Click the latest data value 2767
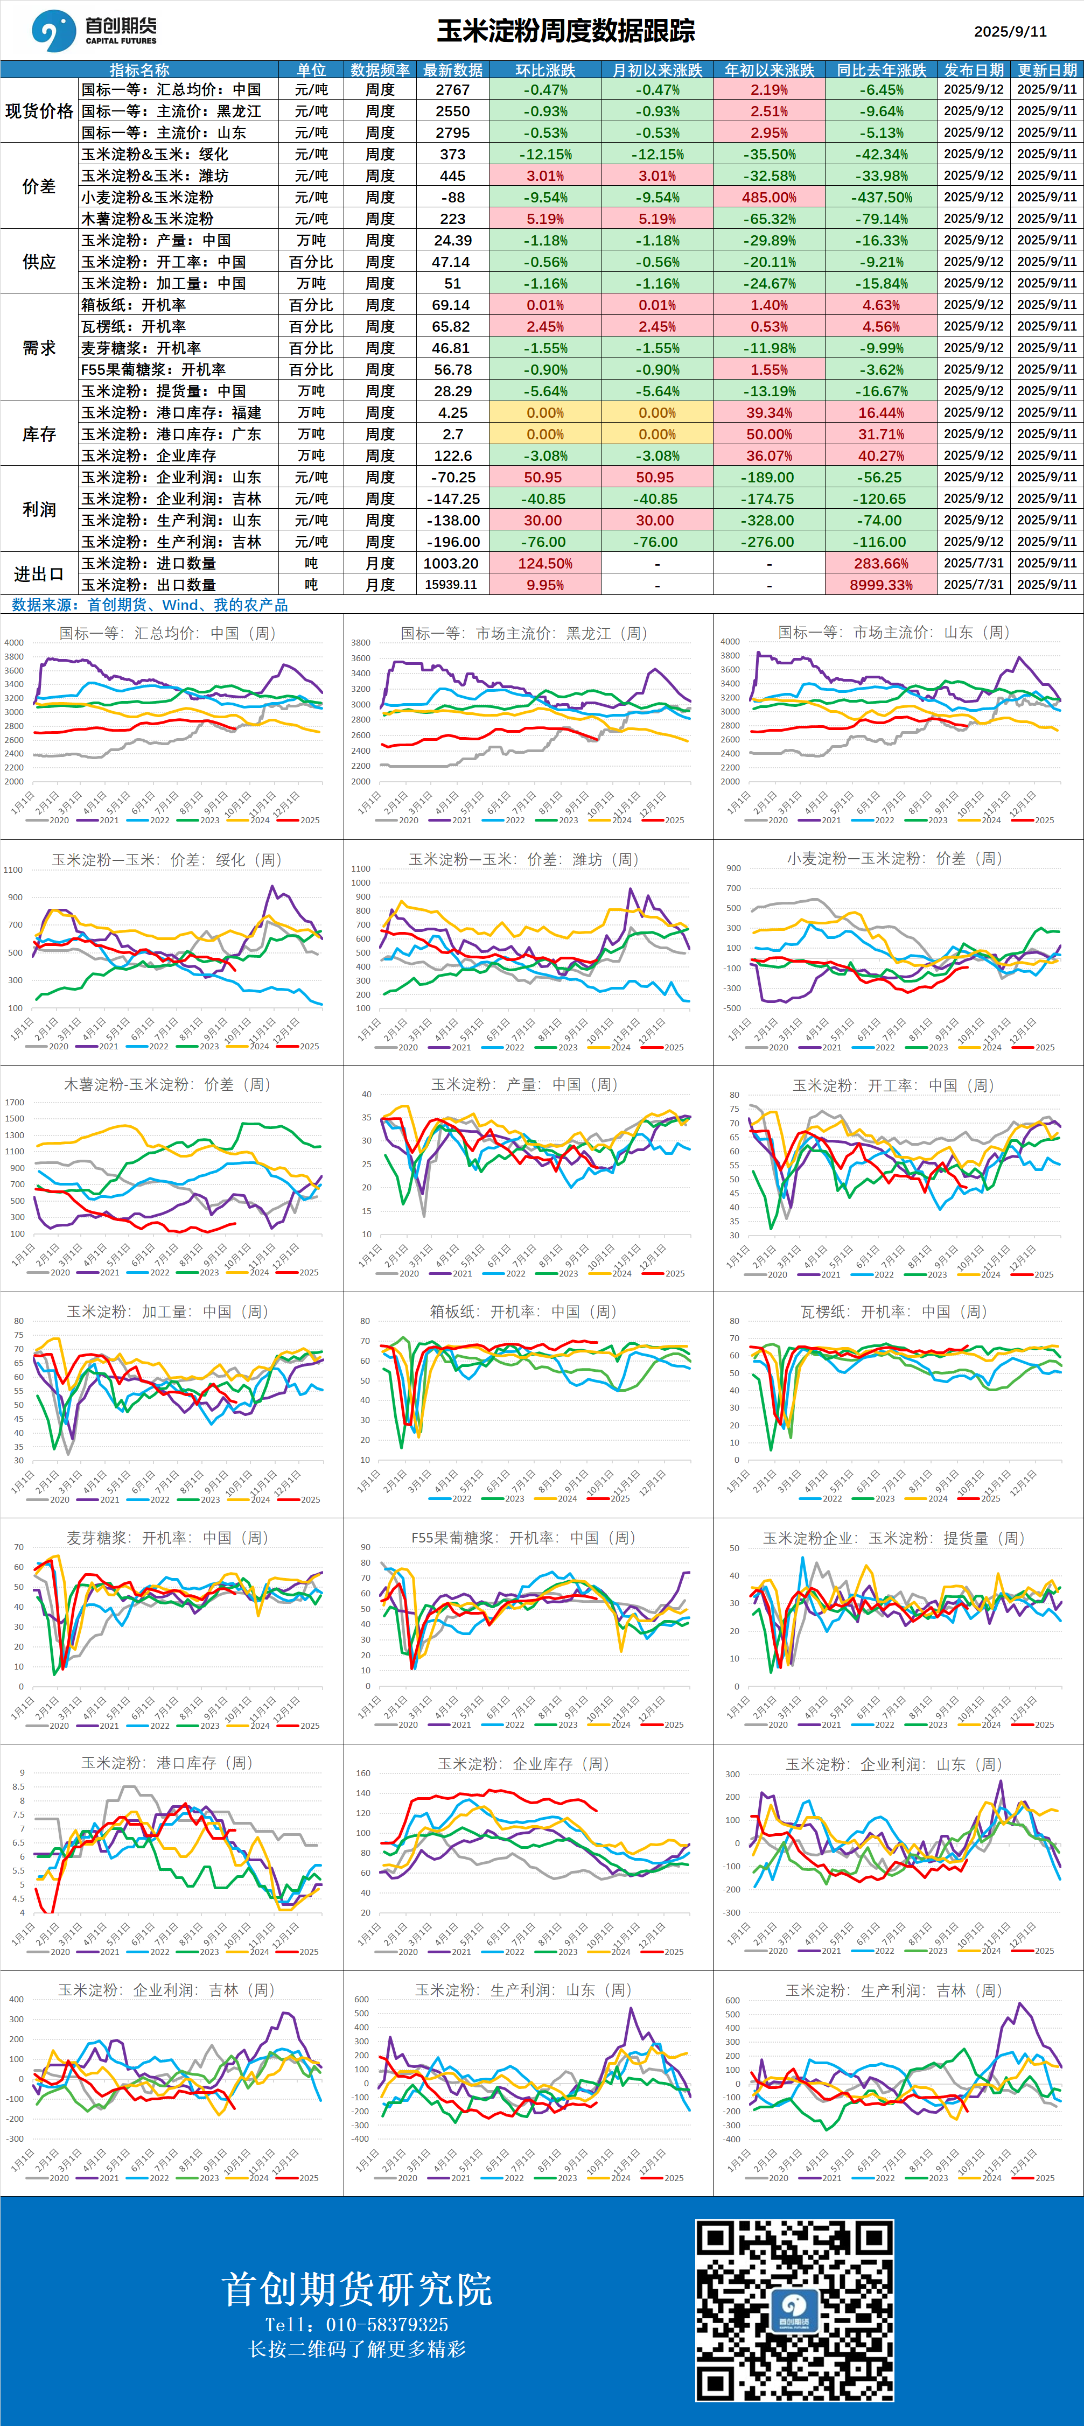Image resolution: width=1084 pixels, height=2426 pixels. coord(453,89)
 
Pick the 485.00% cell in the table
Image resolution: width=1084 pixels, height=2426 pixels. coord(770,198)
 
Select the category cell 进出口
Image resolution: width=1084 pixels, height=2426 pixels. coord(39,573)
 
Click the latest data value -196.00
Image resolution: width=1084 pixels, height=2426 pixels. coord(453,542)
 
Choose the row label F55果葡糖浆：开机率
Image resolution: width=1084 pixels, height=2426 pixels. coord(153,369)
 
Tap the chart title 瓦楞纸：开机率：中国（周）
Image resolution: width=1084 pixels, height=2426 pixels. coord(893,1311)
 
